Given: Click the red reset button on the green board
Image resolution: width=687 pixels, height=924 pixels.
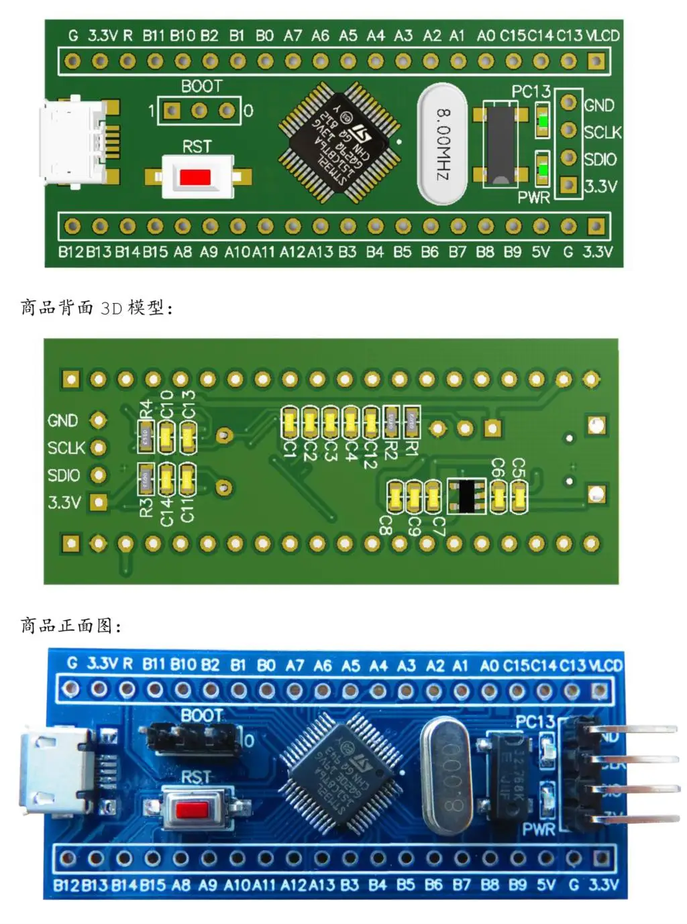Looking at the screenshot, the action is tap(195, 177).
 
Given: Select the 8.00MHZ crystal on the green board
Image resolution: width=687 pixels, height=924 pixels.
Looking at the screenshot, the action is tap(443, 144).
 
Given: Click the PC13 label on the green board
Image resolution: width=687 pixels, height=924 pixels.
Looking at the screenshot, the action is tap(531, 92).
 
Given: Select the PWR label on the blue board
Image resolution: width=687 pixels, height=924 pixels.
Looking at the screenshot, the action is tap(539, 829).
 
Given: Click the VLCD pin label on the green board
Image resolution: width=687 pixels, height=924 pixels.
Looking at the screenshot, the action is tap(602, 36).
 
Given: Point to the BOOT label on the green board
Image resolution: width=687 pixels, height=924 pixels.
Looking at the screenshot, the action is tap(201, 86).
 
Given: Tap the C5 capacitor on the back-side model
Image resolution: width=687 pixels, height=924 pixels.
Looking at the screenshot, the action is tap(519, 496).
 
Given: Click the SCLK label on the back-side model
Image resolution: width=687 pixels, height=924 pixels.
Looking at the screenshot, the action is tap(66, 448).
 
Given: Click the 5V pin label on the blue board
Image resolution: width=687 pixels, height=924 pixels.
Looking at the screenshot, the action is tap(545, 885).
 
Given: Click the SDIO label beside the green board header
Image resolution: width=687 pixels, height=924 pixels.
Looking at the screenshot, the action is tap(600, 160).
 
